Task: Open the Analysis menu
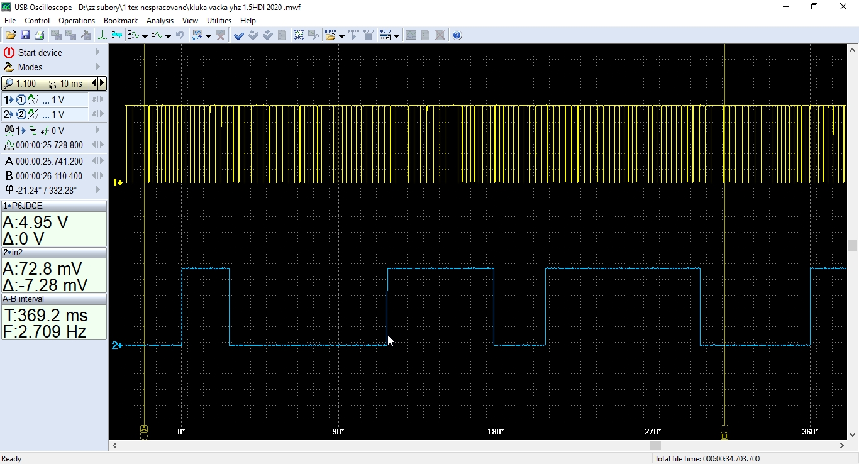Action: (x=160, y=21)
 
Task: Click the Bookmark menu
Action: (x=121, y=21)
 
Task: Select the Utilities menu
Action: (x=219, y=21)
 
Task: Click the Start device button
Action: (x=40, y=53)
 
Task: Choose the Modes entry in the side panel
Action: (x=30, y=67)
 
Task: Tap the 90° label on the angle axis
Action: (x=338, y=432)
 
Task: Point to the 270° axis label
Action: (x=653, y=432)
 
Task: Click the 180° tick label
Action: (x=496, y=432)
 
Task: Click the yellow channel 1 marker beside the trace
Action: (x=117, y=182)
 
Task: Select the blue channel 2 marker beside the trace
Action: (x=117, y=345)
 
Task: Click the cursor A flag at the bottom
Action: (x=144, y=429)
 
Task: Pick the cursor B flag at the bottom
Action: (x=724, y=435)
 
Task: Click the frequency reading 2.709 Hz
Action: (x=45, y=331)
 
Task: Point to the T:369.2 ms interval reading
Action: (x=45, y=315)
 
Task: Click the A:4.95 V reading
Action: (x=35, y=223)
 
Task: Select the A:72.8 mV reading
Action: (x=43, y=268)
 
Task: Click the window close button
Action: (x=843, y=7)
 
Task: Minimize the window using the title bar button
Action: (x=786, y=7)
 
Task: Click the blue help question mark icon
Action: (x=457, y=36)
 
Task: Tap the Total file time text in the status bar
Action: (x=707, y=459)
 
